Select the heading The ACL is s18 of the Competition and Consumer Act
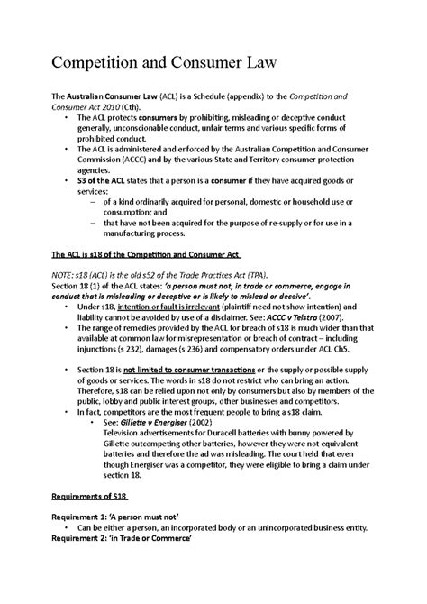pyautogui.click(x=153, y=255)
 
